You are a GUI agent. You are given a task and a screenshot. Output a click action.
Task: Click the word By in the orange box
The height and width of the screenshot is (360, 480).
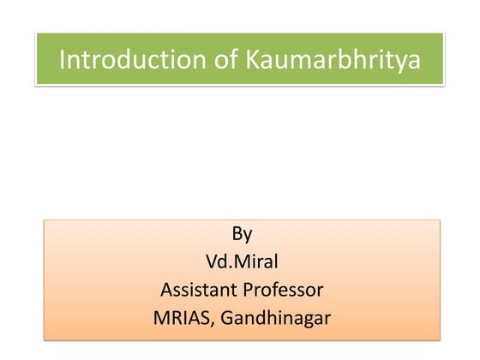(242, 234)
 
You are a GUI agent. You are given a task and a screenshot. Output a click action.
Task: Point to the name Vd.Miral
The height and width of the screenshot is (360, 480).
(242, 261)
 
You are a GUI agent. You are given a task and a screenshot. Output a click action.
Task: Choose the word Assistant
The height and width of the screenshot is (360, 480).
(198, 289)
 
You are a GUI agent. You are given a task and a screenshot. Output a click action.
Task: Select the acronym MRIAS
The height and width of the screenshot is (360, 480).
(184, 317)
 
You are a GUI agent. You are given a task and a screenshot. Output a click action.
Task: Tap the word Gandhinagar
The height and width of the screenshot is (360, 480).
(276, 317)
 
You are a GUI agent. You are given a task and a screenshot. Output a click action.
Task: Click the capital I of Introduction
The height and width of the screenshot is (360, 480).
(62, 60)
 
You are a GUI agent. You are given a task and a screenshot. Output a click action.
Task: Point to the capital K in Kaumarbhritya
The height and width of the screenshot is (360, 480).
(228, 60)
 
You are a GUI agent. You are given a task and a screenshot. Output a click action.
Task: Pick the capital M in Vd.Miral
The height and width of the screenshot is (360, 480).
(243, 261)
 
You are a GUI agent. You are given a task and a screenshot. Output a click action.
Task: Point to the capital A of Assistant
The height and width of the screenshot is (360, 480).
(165, 289)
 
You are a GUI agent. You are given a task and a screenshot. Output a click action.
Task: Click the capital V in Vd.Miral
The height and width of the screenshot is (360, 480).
(213, 261)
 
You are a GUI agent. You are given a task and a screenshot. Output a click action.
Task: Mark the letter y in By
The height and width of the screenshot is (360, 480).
(248, 236)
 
